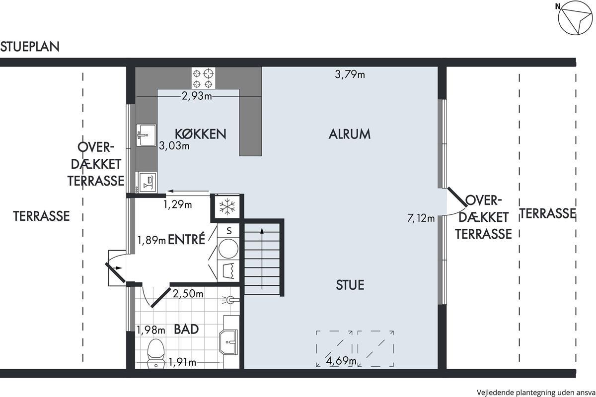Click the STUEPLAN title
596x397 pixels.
[x=30, y=47]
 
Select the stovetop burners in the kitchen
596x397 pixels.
[x=203, y=78]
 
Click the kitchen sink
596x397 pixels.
[x=146, y=135]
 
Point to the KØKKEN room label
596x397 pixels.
[x=200, y=134]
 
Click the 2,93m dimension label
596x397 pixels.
[x=197, y=96]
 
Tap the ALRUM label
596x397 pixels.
[x=350, y=134]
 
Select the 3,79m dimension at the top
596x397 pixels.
[x=350, y=74]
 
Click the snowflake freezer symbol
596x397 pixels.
[x=227, y=206]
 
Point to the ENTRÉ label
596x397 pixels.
[x=187, y=239]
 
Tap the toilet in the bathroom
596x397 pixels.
[x=156, y=354]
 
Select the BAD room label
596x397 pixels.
[x=186, y=329]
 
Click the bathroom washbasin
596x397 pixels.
[x=228, y=342]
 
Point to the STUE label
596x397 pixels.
[x=350, y=285]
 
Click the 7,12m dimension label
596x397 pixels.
[x=421, y=218]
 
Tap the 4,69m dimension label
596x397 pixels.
[x=341, y=361]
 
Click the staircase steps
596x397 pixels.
[x=262, y=259]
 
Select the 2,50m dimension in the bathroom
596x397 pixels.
[x=188, y=294]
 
